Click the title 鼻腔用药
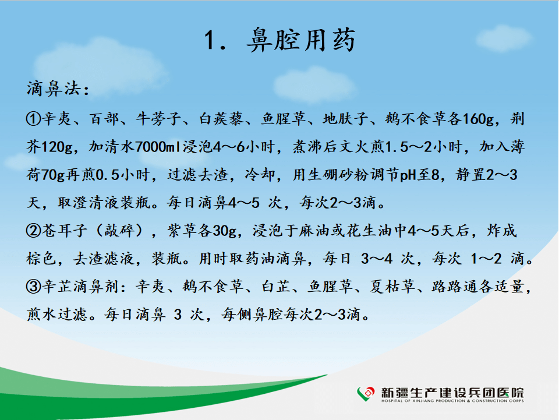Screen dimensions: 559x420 (301, 40)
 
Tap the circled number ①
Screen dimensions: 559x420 (34, 119)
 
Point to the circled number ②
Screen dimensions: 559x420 (34, 231)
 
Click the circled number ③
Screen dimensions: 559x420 (34, 287)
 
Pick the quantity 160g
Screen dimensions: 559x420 (479, 119)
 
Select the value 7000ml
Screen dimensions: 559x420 (158, 147)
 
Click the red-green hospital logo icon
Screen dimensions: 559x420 (366, 394)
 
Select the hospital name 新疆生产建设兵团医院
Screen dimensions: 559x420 (452, 393)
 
